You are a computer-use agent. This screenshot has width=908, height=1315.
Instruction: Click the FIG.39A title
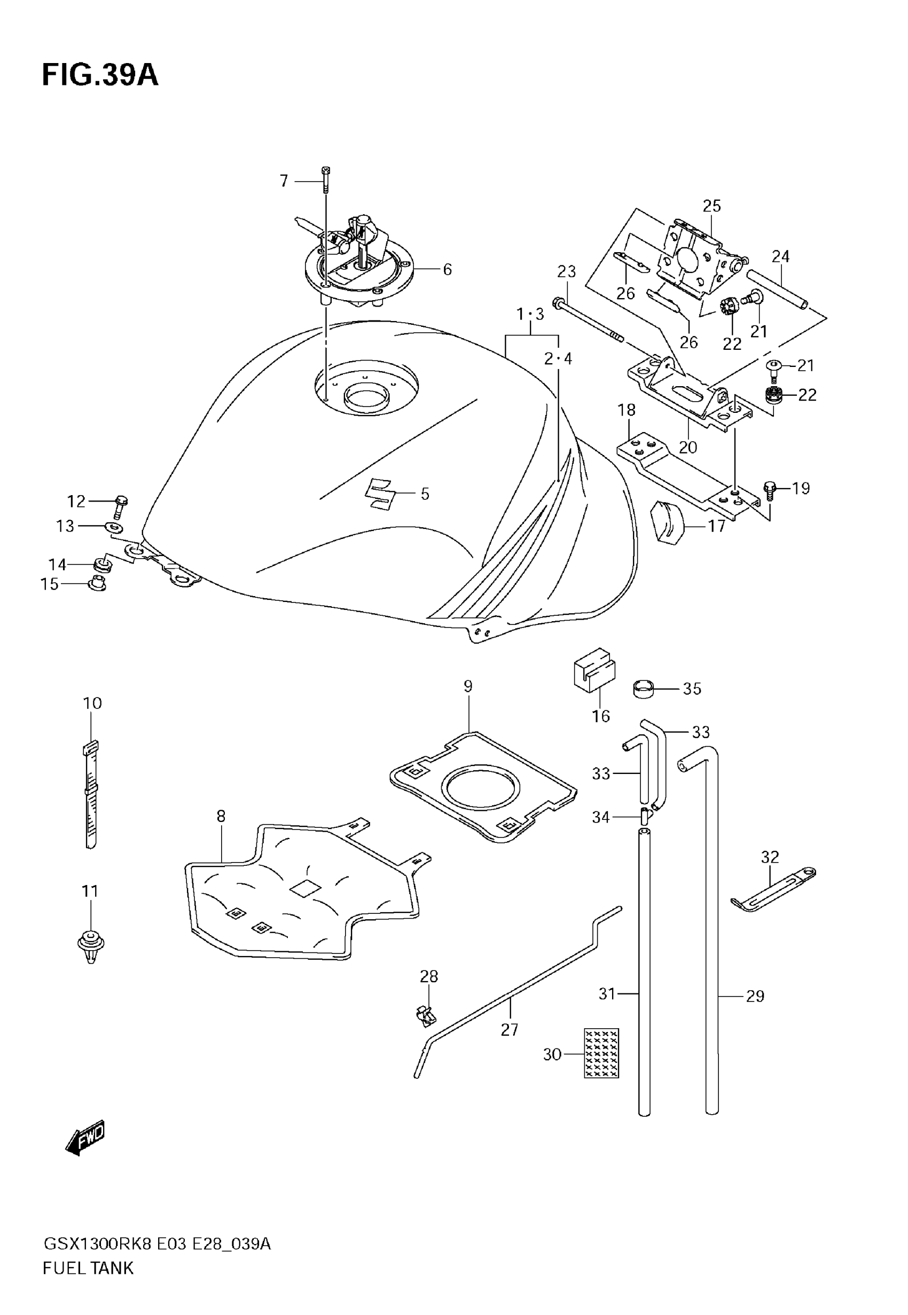click(100, 75)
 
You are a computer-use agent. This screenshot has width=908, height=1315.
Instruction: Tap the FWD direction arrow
click(86, 1137)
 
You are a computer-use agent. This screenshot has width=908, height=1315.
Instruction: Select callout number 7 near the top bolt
click(284, 181)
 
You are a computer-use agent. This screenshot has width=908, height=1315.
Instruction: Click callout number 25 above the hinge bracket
click(712, 206)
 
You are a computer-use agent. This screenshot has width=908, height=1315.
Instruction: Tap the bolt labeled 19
click(769, 489)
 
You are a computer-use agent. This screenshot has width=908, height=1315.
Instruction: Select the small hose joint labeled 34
click(645, 817)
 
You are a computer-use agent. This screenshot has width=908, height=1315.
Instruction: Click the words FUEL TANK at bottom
click(88, 1268)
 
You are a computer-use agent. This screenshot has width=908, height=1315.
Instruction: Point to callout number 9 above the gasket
click(468, 686)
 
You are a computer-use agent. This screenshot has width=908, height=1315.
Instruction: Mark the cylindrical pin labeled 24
click(776, 290)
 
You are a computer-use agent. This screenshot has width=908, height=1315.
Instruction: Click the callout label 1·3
click(530, 314)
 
